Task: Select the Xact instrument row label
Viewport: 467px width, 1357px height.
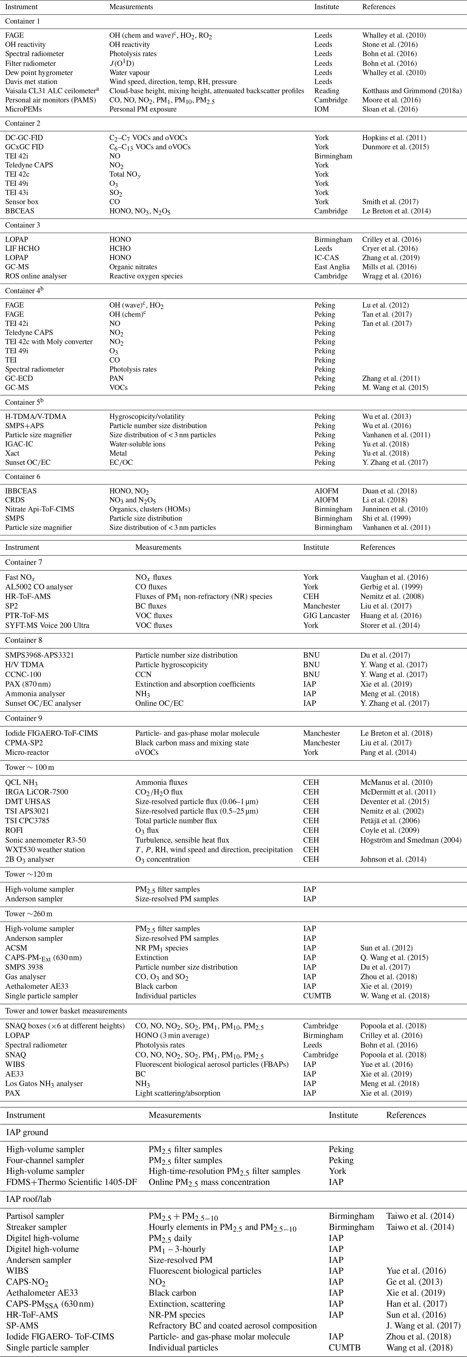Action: tap(13, 453)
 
